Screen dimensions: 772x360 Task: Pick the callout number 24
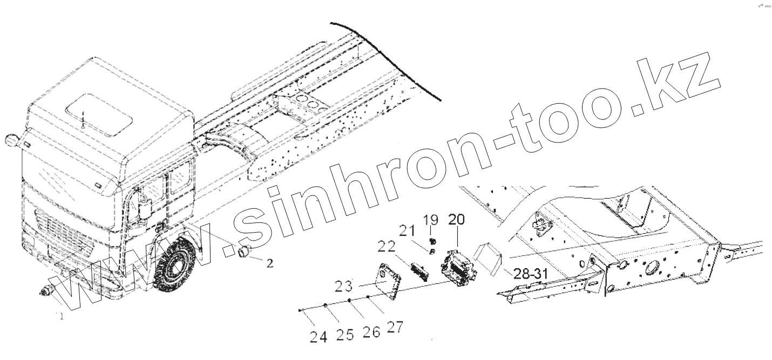pos(319,338)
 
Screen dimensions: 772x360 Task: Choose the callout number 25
pos(345,335)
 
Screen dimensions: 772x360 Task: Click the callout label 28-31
pos(529,274)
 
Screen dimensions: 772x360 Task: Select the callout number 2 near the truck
pos(270,264)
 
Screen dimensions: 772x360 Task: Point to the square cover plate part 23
pos(389,279)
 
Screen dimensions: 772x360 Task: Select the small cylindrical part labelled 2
pos(246,250)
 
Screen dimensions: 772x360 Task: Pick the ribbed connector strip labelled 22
pos(420,270)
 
